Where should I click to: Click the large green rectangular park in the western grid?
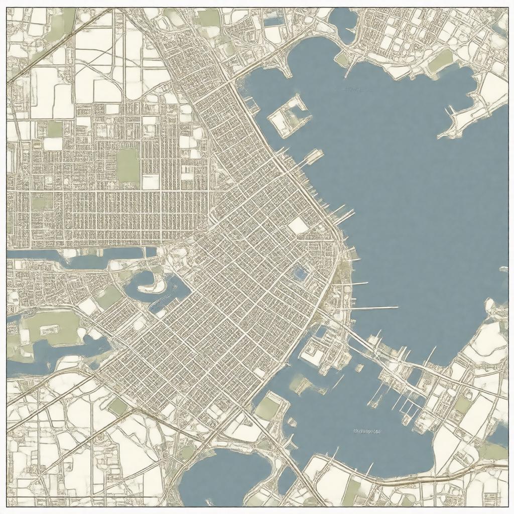click(127, 165)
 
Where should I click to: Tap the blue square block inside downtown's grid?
click(299, 273)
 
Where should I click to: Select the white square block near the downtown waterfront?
click(298, 226)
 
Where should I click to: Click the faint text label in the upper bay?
click(353, 90)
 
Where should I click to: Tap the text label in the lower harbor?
click(367, 431)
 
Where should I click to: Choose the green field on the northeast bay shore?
click(441, 61)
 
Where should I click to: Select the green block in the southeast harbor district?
click(462, 405)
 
